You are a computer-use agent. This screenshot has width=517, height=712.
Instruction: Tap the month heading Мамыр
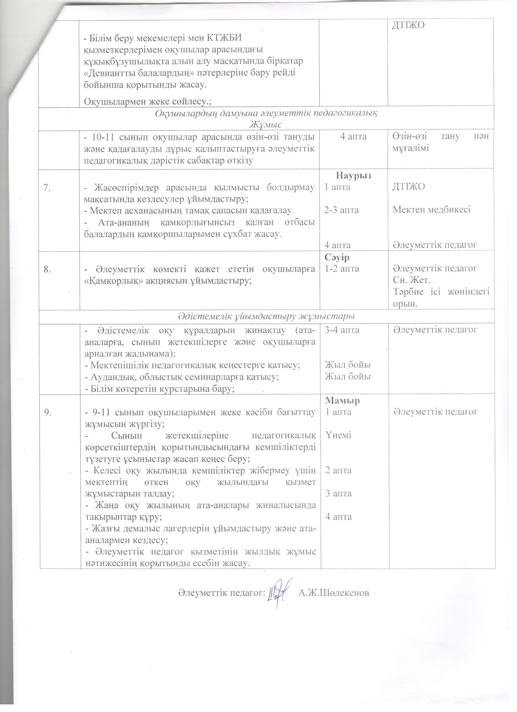pos(342,400)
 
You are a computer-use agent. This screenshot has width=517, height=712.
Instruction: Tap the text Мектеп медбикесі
pos(432,210)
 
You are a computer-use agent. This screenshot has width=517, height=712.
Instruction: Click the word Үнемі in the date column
pos(338,435)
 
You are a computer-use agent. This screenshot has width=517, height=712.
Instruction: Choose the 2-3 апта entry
pos(342,210)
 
